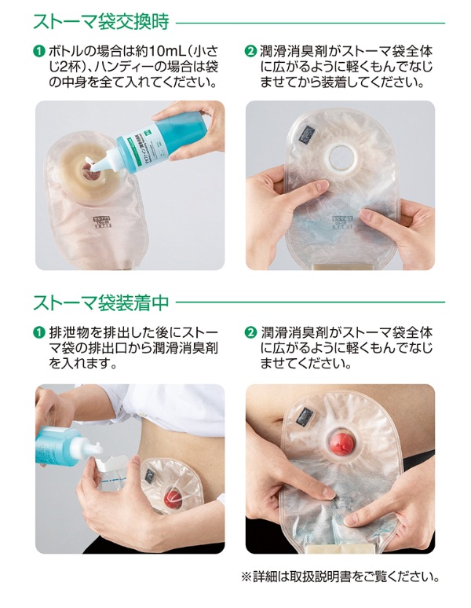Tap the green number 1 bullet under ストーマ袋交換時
37,53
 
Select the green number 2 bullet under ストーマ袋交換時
251,53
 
